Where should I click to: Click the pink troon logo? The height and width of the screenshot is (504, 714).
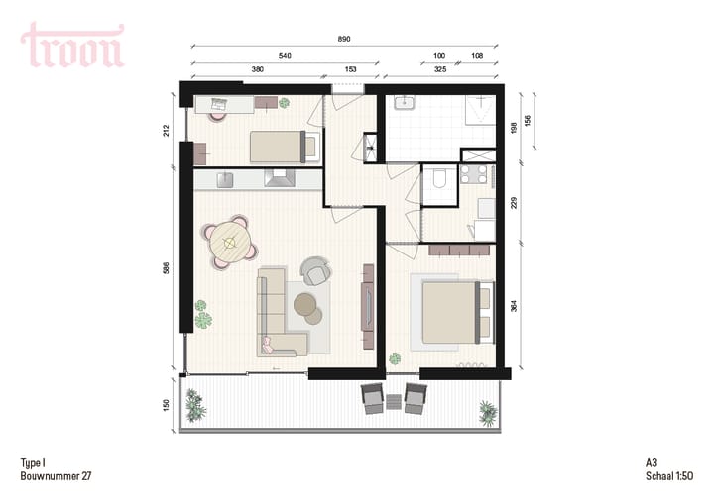click(x=72, y=46)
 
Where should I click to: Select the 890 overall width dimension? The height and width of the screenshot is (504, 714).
click(x=345, y=39)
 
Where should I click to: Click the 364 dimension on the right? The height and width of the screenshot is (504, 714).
click(x=514, y=305)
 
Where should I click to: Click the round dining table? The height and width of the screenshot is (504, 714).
click(x=230, y=241)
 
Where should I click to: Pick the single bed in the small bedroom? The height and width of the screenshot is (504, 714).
click(x=282, y=147)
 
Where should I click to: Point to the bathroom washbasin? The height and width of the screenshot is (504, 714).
click(x=406, y=102)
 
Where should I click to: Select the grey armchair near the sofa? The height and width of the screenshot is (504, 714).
click(x=316, y=270)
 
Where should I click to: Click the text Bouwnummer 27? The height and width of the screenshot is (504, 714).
click(x=56, y=476)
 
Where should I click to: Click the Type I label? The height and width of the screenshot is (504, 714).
click(x=34, y=462)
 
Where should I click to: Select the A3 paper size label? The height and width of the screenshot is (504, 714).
click(x=651, y=462)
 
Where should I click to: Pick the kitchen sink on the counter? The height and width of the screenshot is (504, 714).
click(x=223, y=179)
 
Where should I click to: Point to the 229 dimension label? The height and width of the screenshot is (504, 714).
click(x=514, y=204)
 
